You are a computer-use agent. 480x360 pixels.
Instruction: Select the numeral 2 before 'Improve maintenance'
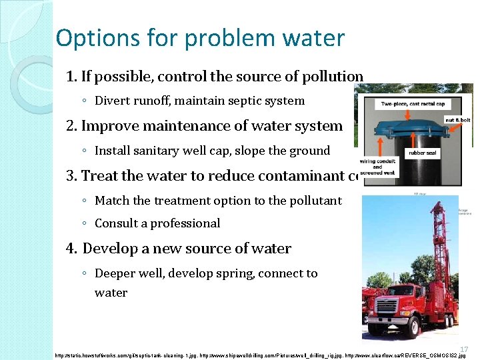pyautogui.click(x=71, y=126)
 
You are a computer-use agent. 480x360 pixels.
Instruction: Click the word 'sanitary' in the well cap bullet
pyautogui.click(x=175, y=151)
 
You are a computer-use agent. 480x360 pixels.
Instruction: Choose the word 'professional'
pyautogui.click(x=185, y=223)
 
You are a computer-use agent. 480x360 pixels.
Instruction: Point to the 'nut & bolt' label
pyautogui.click(x=457, y=121)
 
